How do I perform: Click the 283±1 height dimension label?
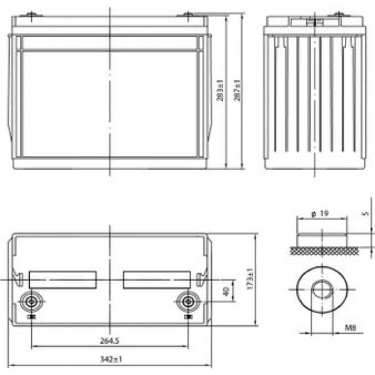tap(220, 91)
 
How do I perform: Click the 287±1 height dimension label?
tap(237, 91)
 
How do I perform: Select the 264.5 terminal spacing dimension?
tap(109, 341)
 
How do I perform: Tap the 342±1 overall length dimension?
tap(111, 359)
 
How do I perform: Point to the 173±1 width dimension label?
tap(249, 279)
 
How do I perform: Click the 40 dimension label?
tap(226, 291)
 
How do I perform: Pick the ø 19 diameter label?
tap(320, 213)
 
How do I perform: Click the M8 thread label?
tap(351, 327)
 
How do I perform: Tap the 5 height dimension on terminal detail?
tap(366, 213)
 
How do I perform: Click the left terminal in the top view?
tap(31, 302)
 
